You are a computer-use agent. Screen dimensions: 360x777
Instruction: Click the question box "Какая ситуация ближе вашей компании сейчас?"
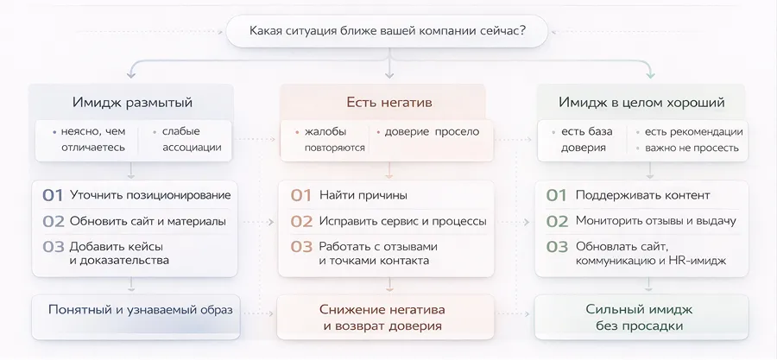click(388, 33)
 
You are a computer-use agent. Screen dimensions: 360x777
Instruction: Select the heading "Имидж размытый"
click(132, 103)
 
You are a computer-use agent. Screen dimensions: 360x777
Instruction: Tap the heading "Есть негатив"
click(388, 103)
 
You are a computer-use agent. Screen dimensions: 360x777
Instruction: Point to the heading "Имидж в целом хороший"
click(641, 103)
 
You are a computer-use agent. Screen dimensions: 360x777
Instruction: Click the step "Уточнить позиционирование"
click(150, 195)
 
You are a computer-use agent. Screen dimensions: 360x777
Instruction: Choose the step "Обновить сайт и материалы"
click(148, 221)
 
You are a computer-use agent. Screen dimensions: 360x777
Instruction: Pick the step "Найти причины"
click(363, 195)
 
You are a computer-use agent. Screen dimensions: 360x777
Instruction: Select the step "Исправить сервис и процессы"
click(402, 221)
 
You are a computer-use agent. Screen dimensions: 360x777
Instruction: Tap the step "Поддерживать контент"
click(642, 195)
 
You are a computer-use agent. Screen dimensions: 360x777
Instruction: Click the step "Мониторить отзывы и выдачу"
click(655, 221)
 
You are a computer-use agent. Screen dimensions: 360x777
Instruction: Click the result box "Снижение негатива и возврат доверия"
click(382, 318)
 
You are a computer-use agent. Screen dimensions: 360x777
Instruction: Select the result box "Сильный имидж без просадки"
click(639, 318)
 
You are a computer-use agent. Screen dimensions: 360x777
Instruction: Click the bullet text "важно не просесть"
click(692, 148)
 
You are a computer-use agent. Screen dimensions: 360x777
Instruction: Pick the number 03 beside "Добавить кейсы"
click(54, 247)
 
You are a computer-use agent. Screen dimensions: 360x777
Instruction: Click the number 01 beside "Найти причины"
click(300, 195)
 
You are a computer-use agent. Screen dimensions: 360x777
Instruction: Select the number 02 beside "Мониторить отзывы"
click(557, 221)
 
